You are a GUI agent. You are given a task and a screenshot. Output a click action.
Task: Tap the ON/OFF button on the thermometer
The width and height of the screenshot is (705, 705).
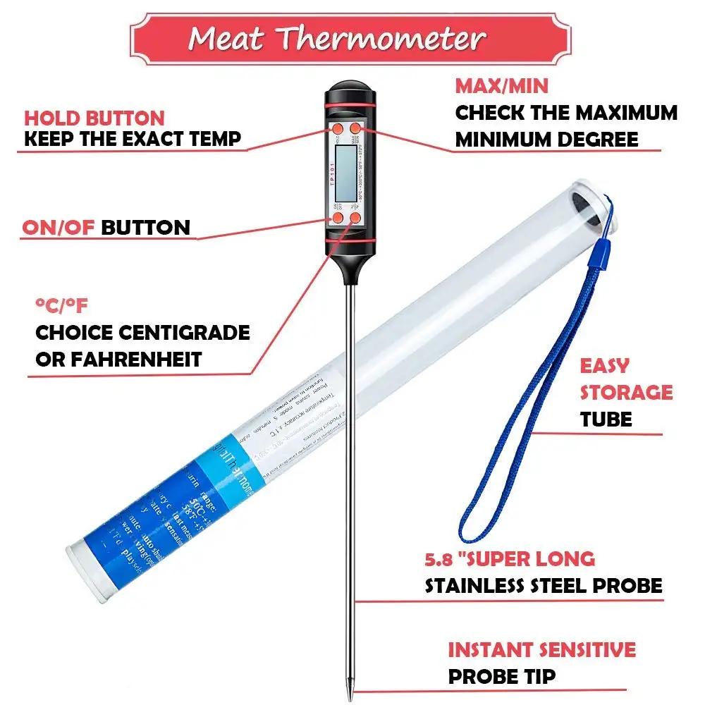coord(338,219)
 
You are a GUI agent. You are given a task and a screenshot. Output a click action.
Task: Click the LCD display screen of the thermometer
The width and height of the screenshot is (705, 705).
coord(347,174)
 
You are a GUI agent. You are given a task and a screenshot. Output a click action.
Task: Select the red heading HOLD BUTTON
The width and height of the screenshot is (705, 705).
coord(94,118)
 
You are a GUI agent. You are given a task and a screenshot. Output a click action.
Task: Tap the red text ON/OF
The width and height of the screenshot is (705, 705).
coord(59,228)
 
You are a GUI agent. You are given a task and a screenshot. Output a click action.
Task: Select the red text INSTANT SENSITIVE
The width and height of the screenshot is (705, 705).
coord(541,649)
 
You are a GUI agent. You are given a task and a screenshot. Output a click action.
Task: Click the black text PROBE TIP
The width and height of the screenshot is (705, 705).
coord(502,677)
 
